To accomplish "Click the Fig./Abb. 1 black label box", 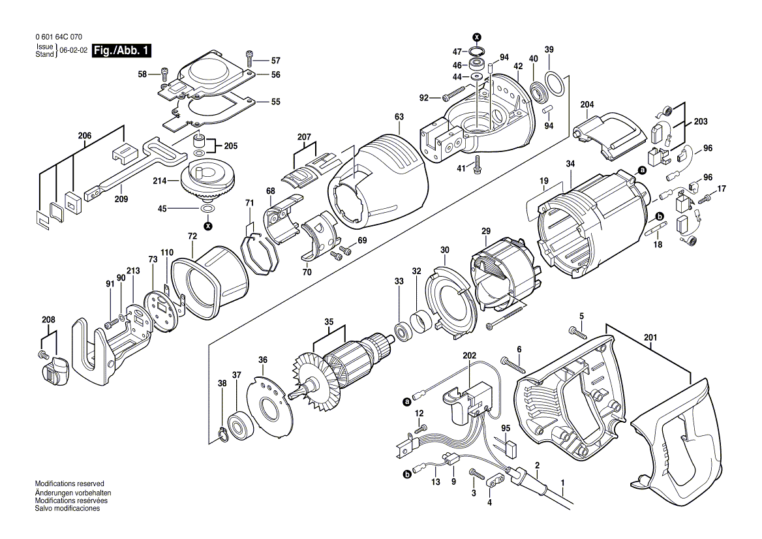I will (122, 50).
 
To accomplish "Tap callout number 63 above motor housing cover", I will (399, 117).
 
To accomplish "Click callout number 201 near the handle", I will (650, 337).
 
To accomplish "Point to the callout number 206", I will (85, 136).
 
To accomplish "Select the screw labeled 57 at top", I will (249, 59).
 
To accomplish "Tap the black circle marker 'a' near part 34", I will (641, 171).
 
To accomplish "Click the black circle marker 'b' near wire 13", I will (408, 475).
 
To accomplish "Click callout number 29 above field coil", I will (485, 232).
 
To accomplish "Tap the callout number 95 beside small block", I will (506, 428).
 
